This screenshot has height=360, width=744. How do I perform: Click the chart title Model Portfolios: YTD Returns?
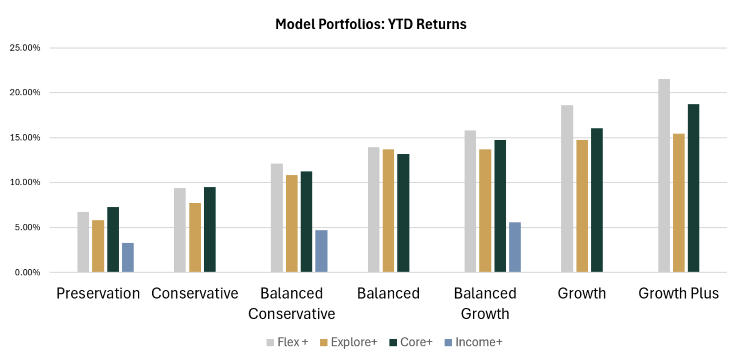point(371,24)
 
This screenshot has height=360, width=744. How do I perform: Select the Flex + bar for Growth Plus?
point(664,175)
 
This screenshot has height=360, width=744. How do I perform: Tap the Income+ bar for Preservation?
point(128,257)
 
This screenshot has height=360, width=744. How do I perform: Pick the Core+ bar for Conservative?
point(210,229)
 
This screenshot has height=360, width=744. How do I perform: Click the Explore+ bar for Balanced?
point(388,211)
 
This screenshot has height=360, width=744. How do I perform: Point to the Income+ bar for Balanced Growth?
point(515,247)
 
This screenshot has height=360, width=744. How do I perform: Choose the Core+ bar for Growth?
point(597,200)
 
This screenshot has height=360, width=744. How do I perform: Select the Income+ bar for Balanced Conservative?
point(321,251)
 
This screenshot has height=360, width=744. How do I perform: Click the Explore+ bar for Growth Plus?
point(679,202)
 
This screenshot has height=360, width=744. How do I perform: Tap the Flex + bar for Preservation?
point(83,242)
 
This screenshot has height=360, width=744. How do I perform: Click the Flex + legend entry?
point(287,342)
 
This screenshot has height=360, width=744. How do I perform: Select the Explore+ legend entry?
point(349,342)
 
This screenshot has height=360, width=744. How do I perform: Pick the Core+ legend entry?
point(411,342)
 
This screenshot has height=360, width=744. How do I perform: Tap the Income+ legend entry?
point(473,342)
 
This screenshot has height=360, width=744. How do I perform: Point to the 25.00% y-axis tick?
point(25,48)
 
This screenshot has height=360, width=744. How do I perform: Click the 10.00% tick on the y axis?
point(25,182)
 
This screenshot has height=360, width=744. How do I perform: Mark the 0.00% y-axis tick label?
point(27,272)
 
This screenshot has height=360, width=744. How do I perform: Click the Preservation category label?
point(98,294)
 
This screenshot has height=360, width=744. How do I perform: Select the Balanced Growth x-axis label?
point(485,303)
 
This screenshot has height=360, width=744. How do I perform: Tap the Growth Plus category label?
point(678,294)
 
